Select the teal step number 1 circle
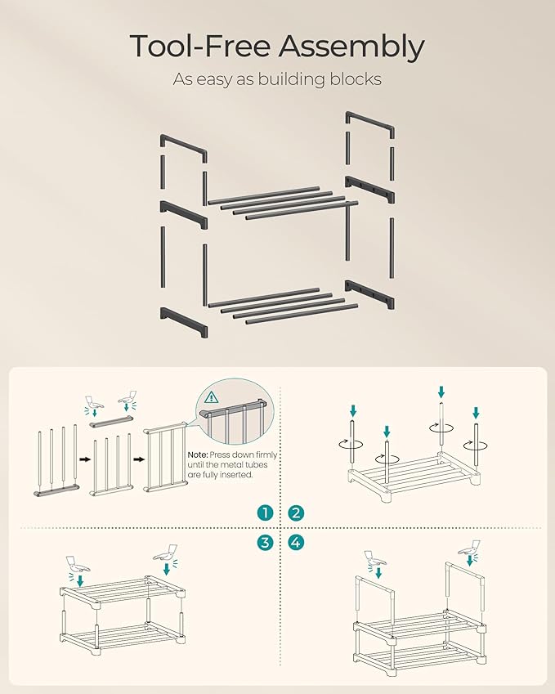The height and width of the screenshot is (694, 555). (x=265, y=513)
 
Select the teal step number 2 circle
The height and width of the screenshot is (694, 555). (x=296, y=513)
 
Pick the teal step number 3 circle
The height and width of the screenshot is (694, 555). (x=265, y=542)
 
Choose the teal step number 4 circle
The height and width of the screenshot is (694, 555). (x=296, y=542)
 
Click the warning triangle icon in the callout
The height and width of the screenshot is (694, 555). (x=212, y=397)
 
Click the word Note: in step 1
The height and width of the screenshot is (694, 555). (x=197, y=455)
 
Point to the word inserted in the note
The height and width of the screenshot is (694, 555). (x=237, y=475)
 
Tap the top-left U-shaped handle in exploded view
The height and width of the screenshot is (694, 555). (x=183, y=149)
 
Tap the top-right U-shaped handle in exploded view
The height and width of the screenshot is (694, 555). (x=370, y=124)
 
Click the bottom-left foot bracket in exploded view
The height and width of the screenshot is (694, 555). (x=184, y=322)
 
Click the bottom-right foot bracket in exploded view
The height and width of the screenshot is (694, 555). (x=369, y=294)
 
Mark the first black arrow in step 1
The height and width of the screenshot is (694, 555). (x=85, y=459)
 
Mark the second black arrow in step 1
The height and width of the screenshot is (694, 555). (x=139, y=459)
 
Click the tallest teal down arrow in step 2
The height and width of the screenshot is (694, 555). (x=441, y=392)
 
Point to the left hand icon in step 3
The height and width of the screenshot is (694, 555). (x=78, y=563)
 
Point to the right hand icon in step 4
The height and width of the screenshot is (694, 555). (x=471, y=548)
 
